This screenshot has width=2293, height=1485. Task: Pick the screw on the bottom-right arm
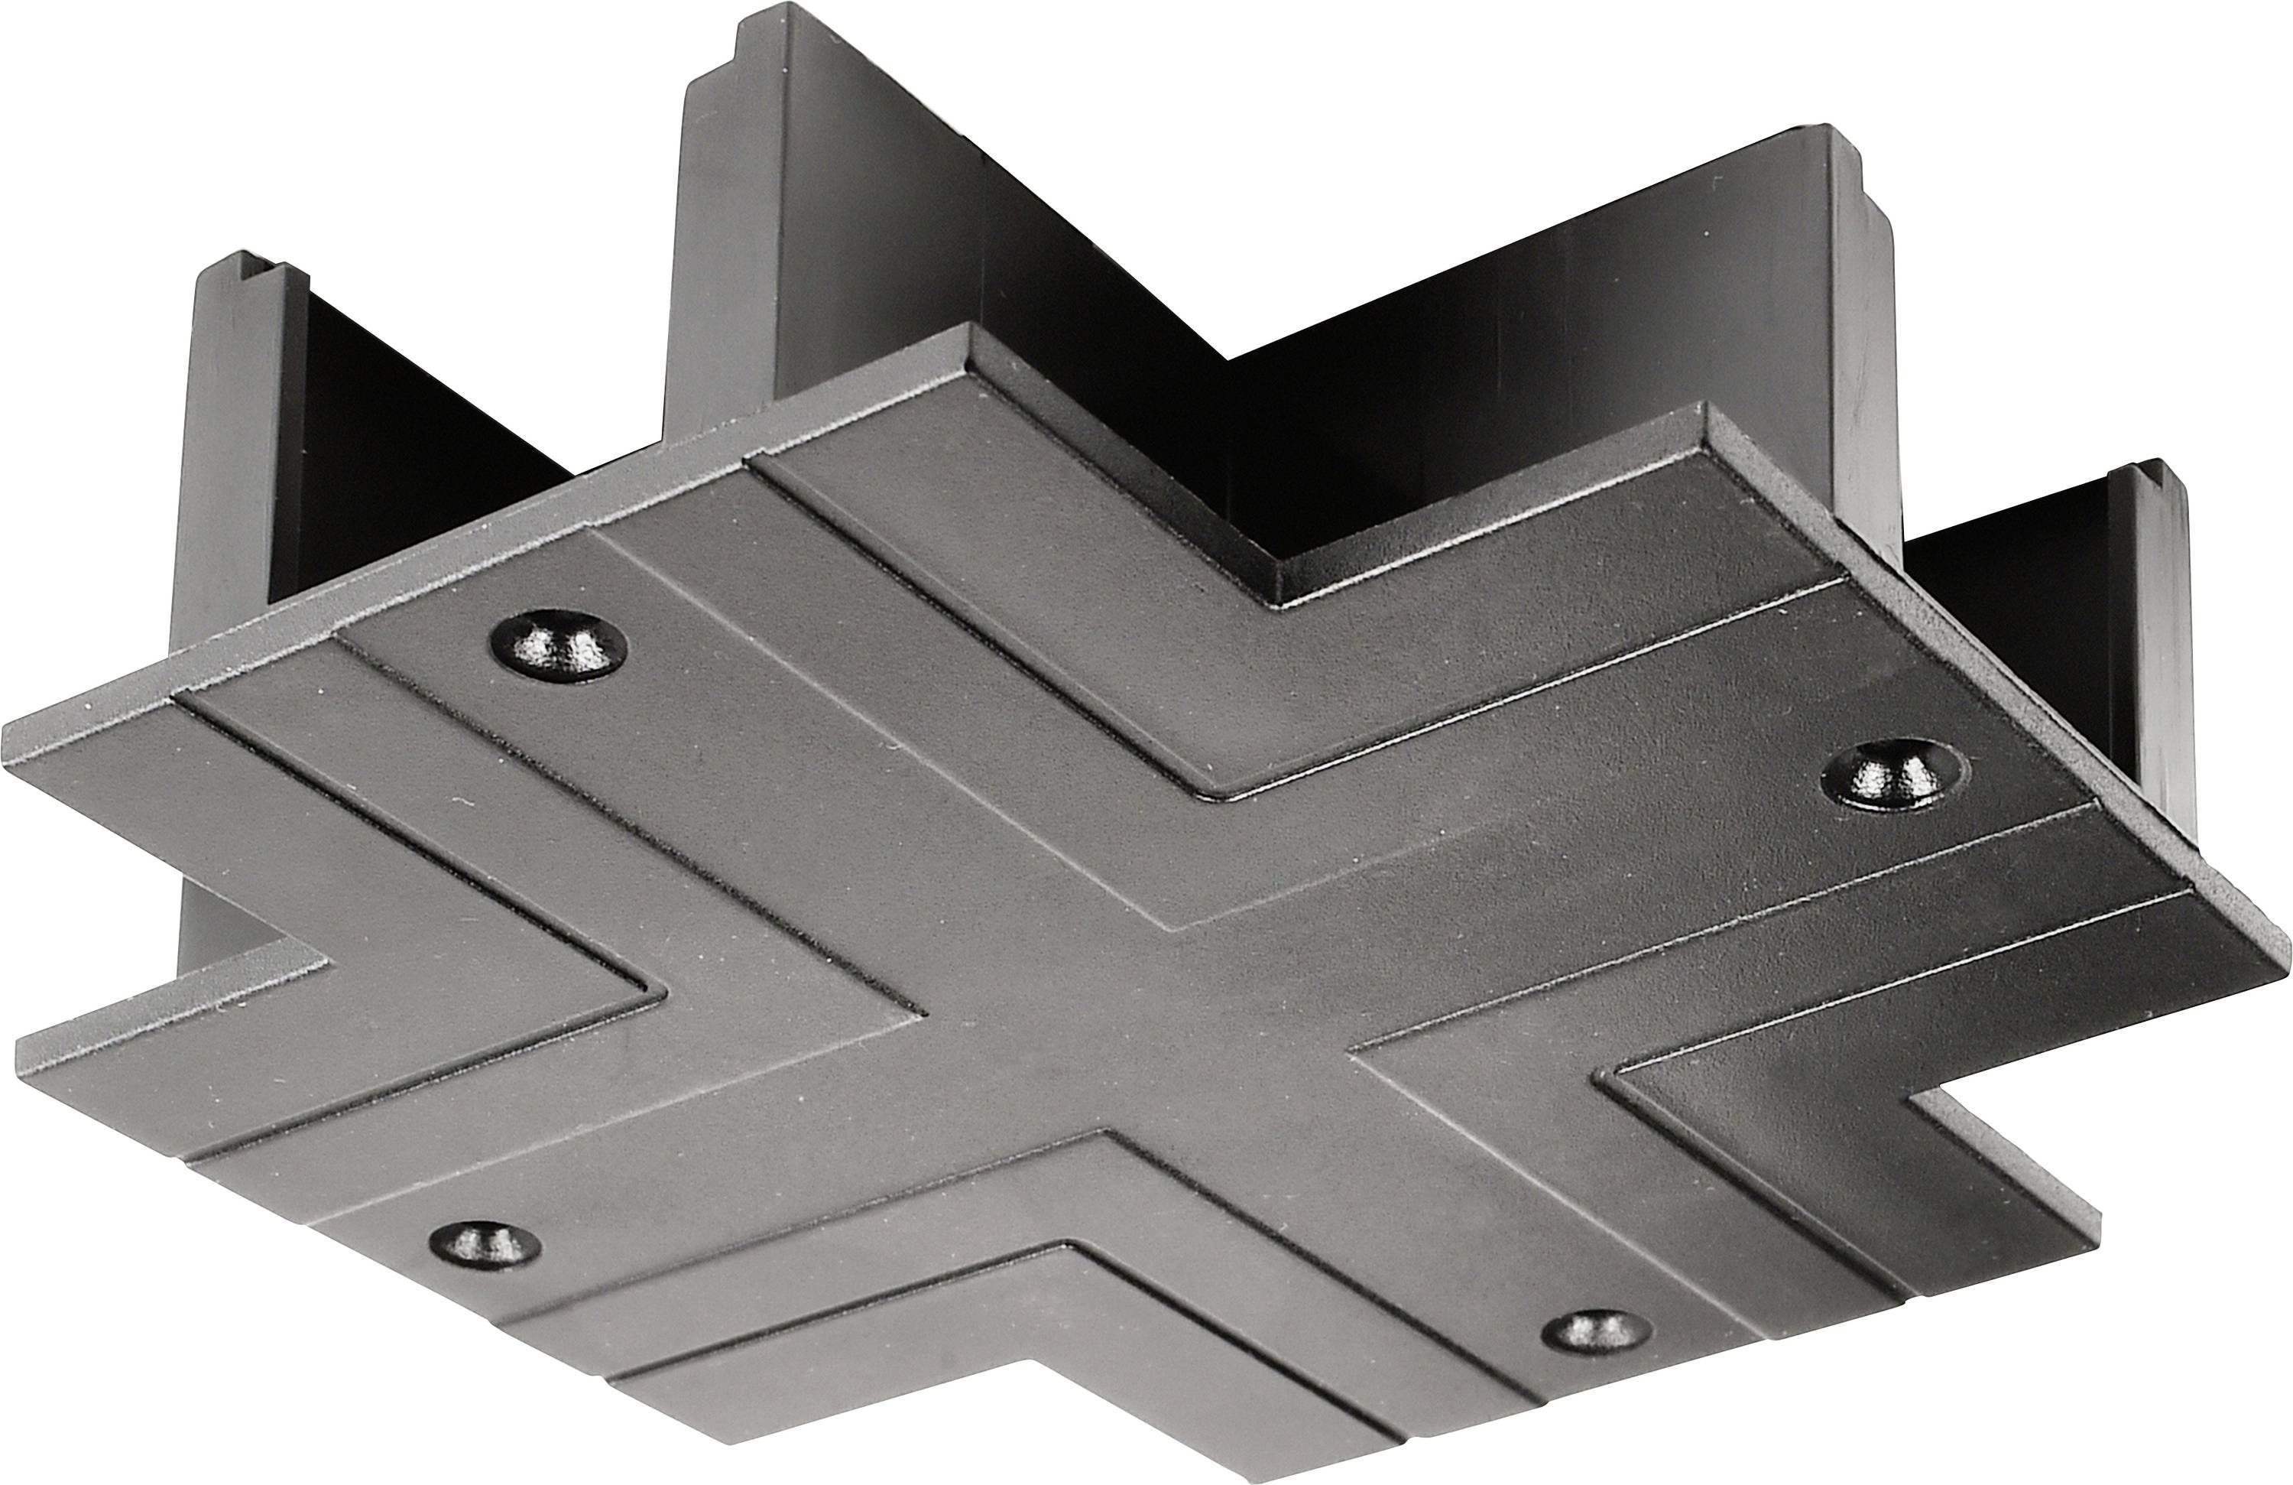[x=1594, y=1332]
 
